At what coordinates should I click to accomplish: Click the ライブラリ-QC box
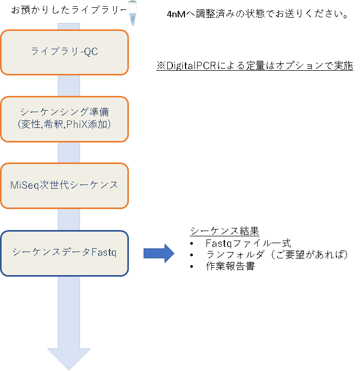(x=64, y=52)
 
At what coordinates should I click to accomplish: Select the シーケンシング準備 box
(x=64, y=119)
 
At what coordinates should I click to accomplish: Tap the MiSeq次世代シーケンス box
(x=64, y=185)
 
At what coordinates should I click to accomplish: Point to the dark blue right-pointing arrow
(x=158, y=253)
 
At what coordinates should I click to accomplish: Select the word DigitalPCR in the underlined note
(x=188, y=66)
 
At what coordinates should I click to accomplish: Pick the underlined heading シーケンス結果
(x=224, y=232)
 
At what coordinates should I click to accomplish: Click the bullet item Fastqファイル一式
(x=248, y=243)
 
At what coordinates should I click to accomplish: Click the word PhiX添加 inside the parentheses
(x=94, y=125)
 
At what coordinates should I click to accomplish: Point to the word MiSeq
(x=23, y=185)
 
